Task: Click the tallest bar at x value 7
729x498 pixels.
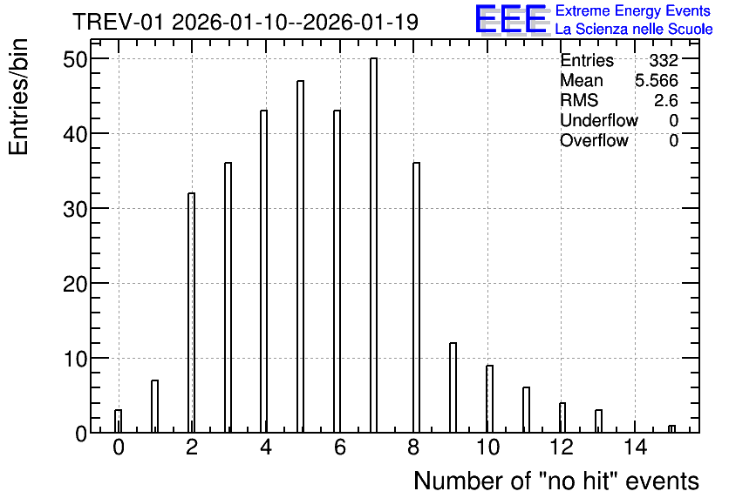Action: [373, 245]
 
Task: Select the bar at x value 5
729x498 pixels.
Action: [300, 257]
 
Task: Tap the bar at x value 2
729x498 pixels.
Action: [191, 313]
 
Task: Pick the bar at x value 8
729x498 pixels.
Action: [416, 298]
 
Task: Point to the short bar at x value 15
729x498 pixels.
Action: [671, 429]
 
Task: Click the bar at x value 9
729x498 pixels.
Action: [453, 387]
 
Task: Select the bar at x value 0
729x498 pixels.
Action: [118, 421]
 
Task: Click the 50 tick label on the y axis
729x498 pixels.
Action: [75, 59]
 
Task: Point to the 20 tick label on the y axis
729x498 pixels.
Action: [75, 284]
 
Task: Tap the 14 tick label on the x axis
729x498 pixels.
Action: [635, 448]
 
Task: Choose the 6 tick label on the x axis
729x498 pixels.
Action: [340, 448]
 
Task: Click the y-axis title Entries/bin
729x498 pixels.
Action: [18, 97]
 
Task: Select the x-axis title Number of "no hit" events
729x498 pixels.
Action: [556, 481]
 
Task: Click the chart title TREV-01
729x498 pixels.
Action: [118, 22]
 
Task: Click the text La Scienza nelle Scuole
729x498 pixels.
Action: [634, 30]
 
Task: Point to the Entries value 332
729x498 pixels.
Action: [664, 60]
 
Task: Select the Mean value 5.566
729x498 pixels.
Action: [657, 80]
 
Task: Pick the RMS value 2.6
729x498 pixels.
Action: [665, 100]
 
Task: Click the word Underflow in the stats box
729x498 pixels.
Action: [599, 120]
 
